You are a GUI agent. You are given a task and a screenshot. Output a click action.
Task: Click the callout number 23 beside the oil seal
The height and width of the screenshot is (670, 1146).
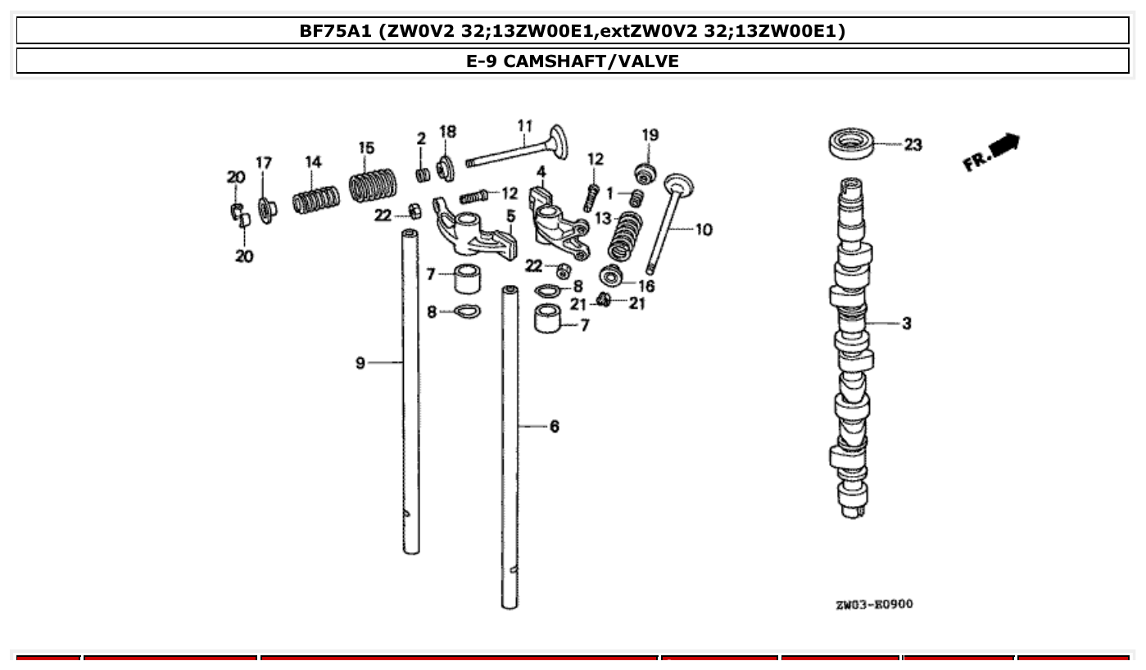(x=913, y=145)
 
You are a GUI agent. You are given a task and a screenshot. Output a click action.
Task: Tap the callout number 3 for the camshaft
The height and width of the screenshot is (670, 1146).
(x=906, y=324)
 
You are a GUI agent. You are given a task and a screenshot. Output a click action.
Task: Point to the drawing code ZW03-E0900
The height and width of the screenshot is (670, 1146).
(x=874, y=604)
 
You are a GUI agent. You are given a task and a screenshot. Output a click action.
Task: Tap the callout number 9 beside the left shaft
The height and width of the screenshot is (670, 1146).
(x=360, y=362)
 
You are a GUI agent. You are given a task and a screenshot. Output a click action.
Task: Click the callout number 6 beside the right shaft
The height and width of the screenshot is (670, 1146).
(x=555, y=426)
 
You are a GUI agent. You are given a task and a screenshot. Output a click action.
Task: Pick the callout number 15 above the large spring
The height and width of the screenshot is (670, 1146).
(x=366, y=148)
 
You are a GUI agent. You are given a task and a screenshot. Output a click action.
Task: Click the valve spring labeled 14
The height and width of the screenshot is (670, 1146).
(x=315, y=200)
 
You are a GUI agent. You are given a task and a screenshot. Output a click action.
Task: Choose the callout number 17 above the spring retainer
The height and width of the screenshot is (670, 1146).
(x=263, y=163)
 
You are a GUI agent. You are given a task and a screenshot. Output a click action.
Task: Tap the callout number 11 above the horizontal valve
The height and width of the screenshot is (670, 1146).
(x=524, y=126)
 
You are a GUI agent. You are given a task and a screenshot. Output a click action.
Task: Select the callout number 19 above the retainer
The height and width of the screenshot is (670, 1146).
(x=650, y=135)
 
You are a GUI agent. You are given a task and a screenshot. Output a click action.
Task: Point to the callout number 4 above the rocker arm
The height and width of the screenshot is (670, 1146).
(x=541, y=172)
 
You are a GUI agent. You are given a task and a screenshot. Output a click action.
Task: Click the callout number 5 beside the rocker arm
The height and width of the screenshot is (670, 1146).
(x=510, y=216)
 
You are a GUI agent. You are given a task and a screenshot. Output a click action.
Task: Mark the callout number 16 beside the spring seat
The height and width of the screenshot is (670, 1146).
(x=646, y=286)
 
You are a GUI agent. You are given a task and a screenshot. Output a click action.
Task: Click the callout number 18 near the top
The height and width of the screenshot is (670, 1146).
(x=447, y=132)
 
